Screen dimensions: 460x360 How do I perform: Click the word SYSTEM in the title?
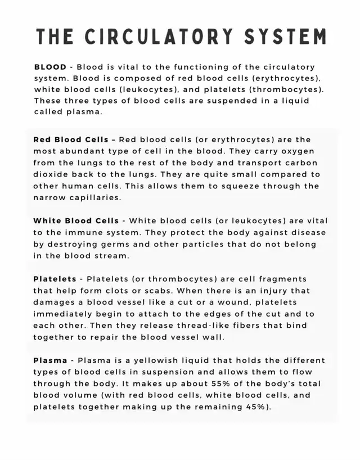[x=285, y=37]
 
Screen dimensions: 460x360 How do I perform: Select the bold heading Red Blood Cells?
[x=70, y=139]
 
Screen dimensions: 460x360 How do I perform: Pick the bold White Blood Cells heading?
[x=76, y=221]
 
